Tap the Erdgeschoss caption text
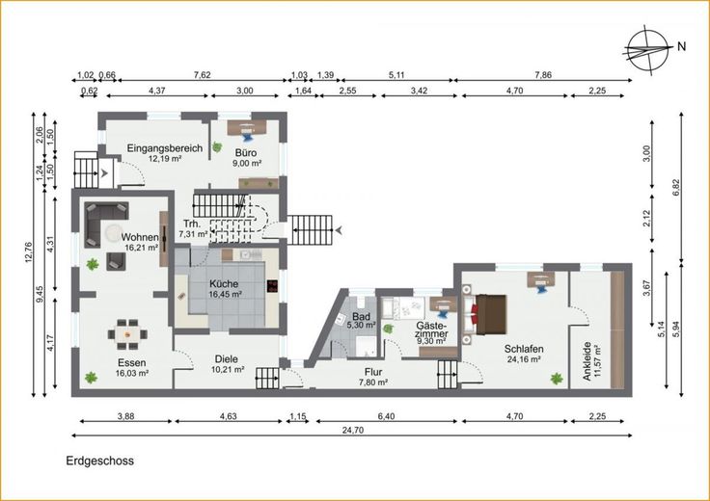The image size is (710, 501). tap(100, 461)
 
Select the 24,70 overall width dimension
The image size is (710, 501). tap(353, 430)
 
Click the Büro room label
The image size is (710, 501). tap(246, 152)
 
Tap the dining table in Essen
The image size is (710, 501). tap(127, 334)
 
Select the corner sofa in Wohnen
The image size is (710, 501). tap(105, 224)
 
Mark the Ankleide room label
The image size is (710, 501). tap(587, 361)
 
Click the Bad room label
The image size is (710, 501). tap(362, 316)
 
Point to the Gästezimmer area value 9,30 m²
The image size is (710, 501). tap(432, 341)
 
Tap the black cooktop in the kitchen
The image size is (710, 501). tap(273, 286)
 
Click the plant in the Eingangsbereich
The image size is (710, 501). tap(218, 146)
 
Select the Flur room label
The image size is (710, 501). tap(373, 372)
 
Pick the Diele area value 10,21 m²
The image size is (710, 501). tap(228, 369)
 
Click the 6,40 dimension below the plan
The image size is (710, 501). tap(386, 416)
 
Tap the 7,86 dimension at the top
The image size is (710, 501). tap(543, 75)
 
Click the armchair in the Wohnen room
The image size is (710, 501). tap(116, 261)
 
